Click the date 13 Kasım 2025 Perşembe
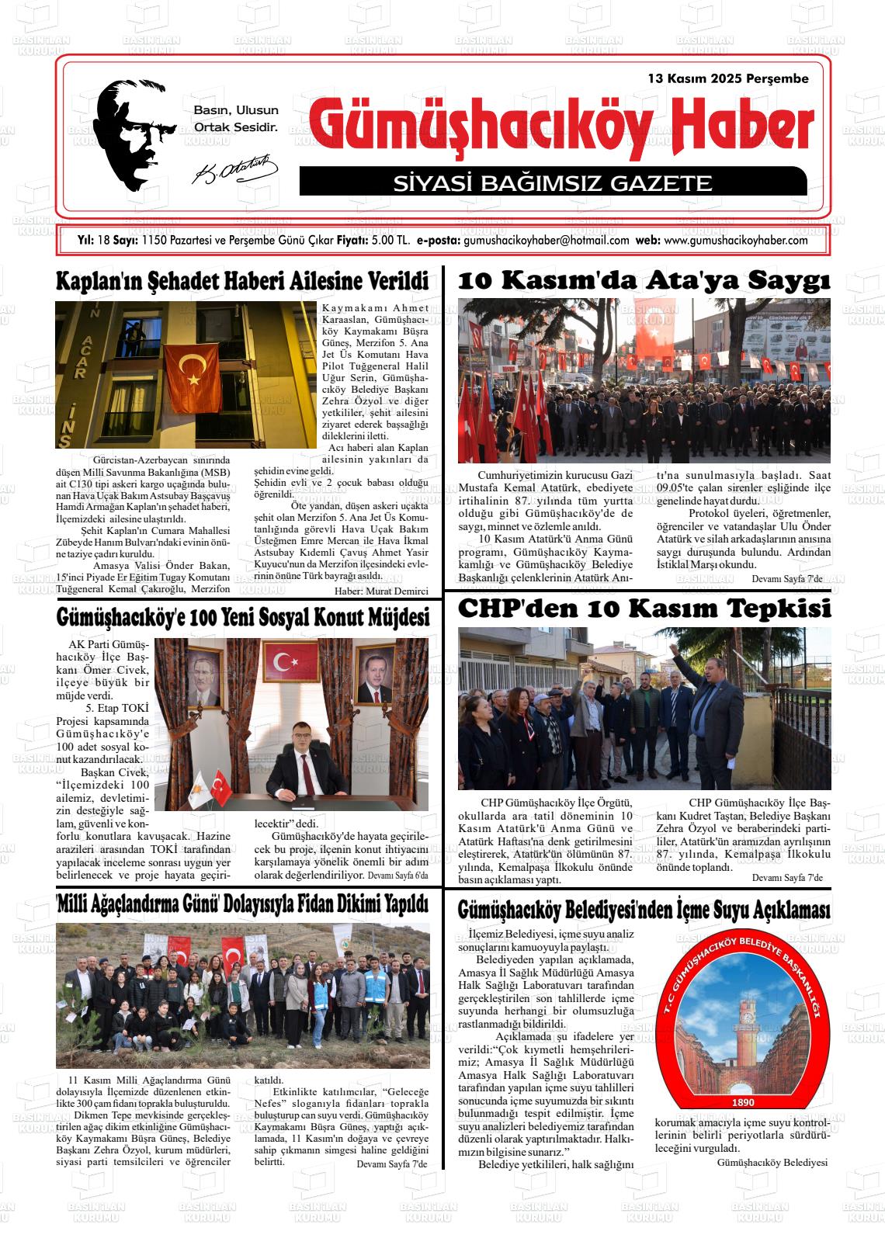click(728, 78)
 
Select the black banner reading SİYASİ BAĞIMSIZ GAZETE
click(552, 182)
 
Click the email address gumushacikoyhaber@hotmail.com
click(546, 241)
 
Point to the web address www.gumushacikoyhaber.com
click(736, 241)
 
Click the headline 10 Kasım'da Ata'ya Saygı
click(644, 280)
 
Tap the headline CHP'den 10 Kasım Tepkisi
click(644, 609)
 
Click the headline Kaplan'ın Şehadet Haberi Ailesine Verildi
click(242, 281)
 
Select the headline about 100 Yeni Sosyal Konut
click(242, 617)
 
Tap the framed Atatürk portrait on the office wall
click(204, 677)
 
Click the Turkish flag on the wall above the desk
click(285, 662)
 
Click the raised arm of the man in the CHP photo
click(682, 664)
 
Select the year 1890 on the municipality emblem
click(742, 1102)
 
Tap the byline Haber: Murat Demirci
click(381, 591)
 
